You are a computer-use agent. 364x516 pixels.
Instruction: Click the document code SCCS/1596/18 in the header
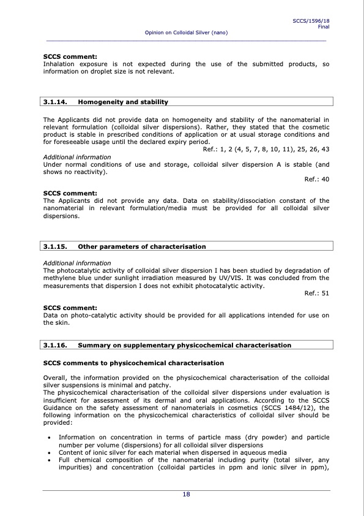click(311, 21)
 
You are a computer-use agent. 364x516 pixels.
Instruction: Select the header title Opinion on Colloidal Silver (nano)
click(186, 32)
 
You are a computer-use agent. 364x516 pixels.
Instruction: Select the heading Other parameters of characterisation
click(142, 246)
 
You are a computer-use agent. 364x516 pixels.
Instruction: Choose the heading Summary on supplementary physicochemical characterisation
click(185, 345)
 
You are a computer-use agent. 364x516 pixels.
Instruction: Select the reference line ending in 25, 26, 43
click(266, 149)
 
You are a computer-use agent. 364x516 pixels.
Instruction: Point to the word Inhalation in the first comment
click(59, 64)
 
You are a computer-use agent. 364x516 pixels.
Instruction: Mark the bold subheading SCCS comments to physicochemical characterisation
click(133, 363)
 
